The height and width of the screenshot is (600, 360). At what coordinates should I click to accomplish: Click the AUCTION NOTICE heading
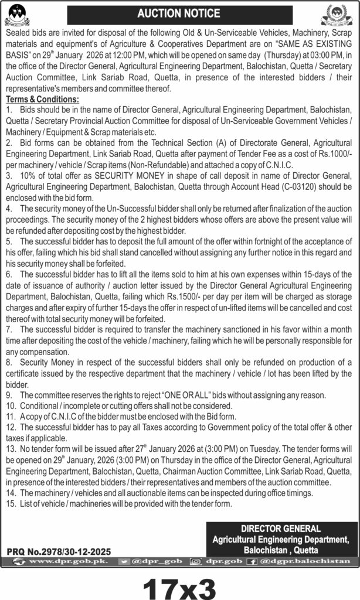[179, 13]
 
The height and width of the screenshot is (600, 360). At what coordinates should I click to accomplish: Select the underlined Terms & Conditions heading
[42, 100]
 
